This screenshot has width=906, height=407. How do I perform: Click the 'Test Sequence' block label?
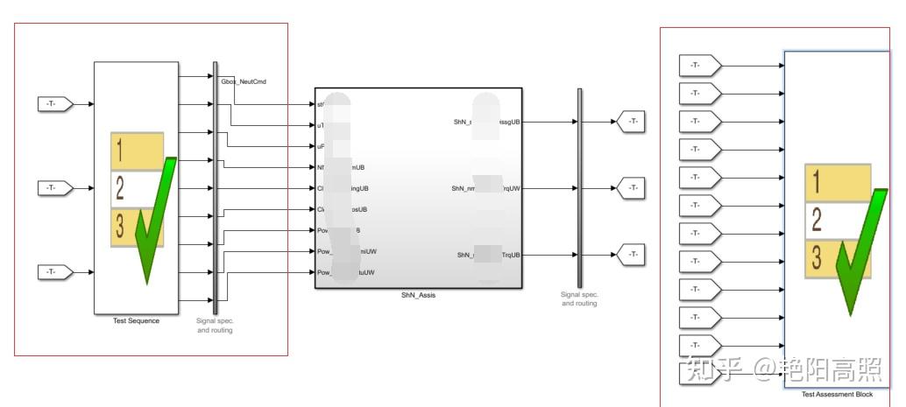(136, 321)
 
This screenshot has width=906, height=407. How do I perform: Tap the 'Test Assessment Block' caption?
(837, 395)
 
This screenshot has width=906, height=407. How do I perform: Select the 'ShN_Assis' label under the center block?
(418, 295)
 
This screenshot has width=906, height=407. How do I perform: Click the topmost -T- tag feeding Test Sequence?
(53, 104)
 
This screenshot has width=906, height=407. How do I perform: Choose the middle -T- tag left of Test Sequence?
(53, 188)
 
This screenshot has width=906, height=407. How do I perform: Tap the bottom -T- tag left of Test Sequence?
(53, 272)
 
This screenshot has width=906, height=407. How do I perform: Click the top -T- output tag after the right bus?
(631, 122)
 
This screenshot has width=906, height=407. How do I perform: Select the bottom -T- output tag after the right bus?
(631, 255)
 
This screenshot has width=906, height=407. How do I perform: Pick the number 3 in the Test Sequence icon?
(121, 226)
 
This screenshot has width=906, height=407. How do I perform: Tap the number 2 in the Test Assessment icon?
(817, 219)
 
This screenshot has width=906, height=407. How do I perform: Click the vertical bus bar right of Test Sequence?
(216, 184)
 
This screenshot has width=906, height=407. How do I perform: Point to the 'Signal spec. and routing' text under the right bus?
(579, 299)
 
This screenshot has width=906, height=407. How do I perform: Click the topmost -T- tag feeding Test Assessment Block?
(699, 66)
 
